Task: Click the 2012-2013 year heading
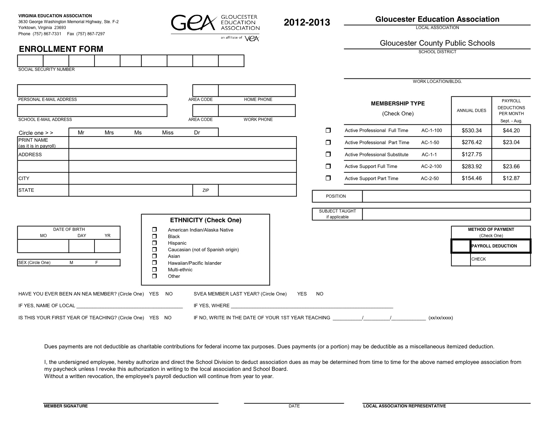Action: (x=307, y=22)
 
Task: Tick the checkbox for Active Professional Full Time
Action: (x=328, y=130)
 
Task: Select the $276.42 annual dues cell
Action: (x=472, y=142)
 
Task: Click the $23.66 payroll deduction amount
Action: (x=511, y=167)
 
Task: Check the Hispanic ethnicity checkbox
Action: (x=154, y=243)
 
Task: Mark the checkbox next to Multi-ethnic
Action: (x=154, y=270)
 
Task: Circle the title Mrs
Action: (x=109, y=133)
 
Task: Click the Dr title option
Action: (x=197, y=133)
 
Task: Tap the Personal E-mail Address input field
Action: (x=92, y=91)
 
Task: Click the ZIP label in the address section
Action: (x=205, y=190)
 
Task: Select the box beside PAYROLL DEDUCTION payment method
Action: (x=461, y=246)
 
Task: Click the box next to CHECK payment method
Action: (x=461, y=259)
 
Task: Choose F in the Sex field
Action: (x=97, y=263)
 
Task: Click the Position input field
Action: (x=446, y=196)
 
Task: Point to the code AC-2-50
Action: (x=430, y=179)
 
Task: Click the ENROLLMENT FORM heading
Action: (x=61, y=49)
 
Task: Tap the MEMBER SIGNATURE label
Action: (x=66, y=406)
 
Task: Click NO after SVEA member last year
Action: (x=320, y=294)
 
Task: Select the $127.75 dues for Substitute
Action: (x=472, y=154)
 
